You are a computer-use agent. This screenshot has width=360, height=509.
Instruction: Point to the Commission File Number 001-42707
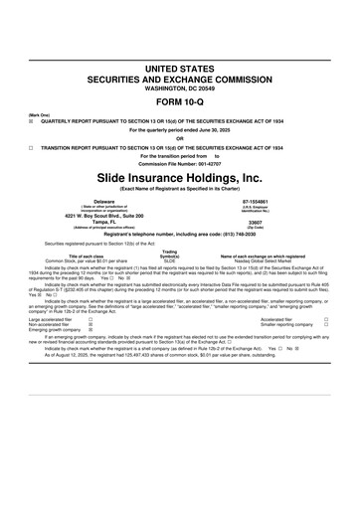(x=180, y=163)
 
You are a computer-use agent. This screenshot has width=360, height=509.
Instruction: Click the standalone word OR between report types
(x=180, y=138)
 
